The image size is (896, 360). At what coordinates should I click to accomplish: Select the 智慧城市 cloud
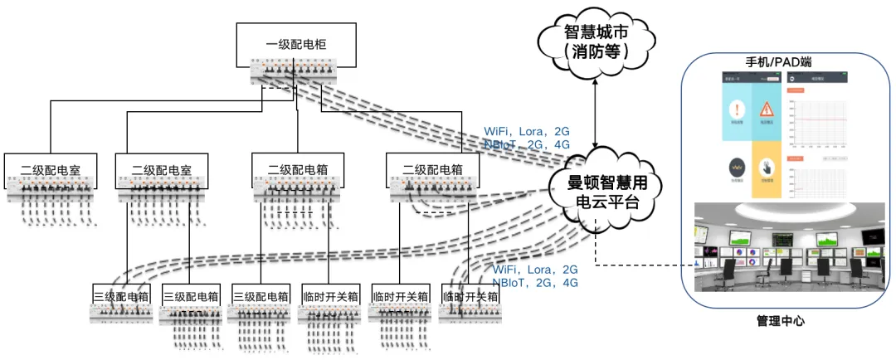pos(596,42)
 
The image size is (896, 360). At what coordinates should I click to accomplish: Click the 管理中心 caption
pos(780,320)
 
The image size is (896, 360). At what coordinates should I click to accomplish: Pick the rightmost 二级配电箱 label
pos(431,169)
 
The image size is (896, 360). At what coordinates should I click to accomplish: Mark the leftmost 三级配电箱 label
pos(121,296)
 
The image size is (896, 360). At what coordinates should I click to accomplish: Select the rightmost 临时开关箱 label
pos(470,296)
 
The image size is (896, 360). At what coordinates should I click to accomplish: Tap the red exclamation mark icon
pos(735,109)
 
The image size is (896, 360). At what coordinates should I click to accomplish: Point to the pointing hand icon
pos(767,168)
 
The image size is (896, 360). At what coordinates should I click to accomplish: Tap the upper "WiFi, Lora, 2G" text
pos(527,132)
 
